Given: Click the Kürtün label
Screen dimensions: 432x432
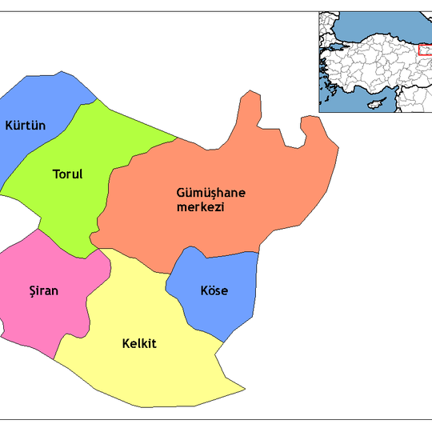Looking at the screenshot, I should tap(24, 125).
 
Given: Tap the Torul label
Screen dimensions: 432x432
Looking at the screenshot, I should tap(67, 174).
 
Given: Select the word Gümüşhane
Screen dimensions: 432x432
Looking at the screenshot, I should tap(212, 193).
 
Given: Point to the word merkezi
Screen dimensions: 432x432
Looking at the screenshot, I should tap(200, 207).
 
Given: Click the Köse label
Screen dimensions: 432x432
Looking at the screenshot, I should tap(214, 290).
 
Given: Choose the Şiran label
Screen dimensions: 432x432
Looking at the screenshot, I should tap(42, 291).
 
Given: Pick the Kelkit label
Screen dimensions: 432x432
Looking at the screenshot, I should tap(139, 344).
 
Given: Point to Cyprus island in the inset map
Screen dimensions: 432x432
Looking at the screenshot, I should tap(374, 105).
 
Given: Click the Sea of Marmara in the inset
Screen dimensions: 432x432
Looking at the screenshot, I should tap(336, 48).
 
